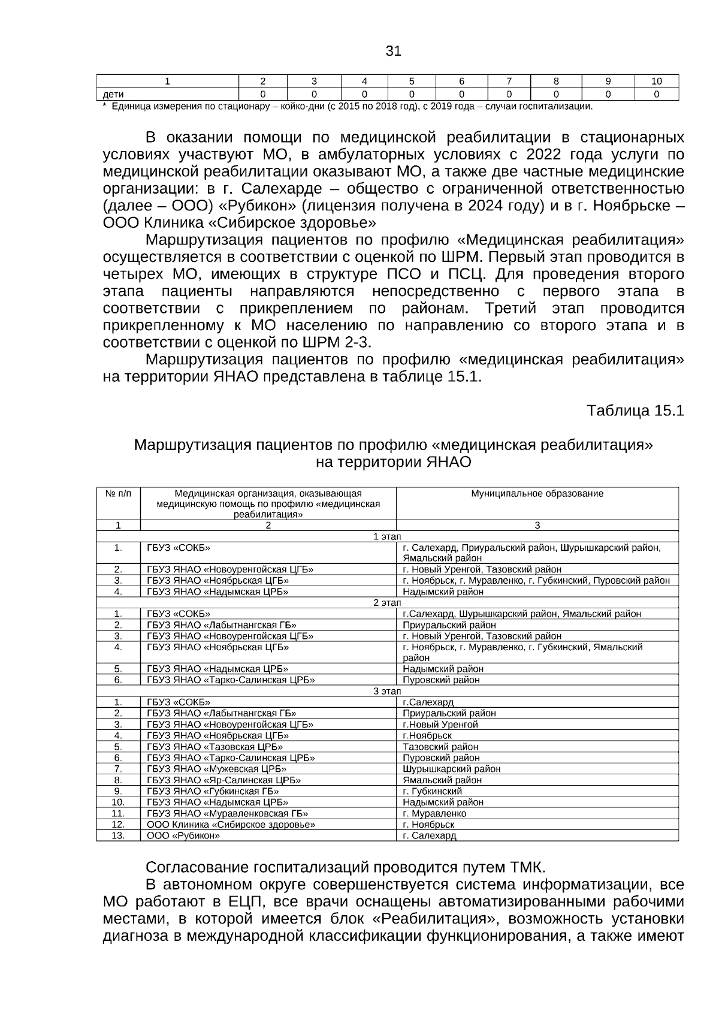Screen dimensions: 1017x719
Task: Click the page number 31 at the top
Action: click(x=393, y=51)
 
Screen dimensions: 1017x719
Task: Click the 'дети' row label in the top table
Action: click(x=114, y=94)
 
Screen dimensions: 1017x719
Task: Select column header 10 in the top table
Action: click(x=656, y=82)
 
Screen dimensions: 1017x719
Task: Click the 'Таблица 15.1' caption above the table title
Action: click(x=635, y=411)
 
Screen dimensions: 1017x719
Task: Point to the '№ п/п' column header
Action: click(x=118, y=494)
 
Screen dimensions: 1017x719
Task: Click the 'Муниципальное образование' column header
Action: click(x=537, y=494)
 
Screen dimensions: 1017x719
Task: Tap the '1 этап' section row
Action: click(x=387, y=536)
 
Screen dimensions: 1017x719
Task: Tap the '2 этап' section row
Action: click(x=387, y=603)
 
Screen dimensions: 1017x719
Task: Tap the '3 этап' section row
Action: click(x=387, y=691)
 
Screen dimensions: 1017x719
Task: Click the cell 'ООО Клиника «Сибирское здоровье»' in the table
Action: click(x=231, y=825)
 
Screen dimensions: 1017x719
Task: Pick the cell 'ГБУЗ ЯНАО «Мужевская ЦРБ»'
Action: click(x=217, y=769)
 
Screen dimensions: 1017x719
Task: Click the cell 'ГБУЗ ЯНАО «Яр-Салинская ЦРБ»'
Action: click(x=224, y=780)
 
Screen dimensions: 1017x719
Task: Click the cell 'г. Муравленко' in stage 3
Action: click(x=434, y=813)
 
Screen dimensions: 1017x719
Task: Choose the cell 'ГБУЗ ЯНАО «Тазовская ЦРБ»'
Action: click(x=215, y=747)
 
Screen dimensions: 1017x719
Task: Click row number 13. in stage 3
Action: click(x=118, y=835)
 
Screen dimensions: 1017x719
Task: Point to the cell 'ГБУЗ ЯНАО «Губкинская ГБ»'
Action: click(x=213, y=791)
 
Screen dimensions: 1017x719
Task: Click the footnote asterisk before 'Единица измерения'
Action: click(x=105, y=107)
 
